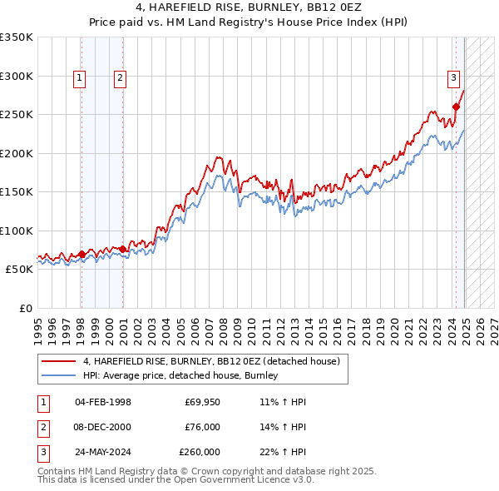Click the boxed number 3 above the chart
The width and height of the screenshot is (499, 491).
pos(454,78)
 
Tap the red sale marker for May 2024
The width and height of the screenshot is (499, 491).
pos(456,107)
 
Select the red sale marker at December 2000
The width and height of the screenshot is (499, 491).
pos(123,249)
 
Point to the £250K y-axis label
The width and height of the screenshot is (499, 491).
pos(17,114)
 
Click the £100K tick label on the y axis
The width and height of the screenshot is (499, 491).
pos(17,231)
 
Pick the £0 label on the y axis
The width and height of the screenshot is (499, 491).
pos(24,308)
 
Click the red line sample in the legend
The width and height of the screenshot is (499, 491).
pos(59,362)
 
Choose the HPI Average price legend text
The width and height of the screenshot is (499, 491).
pos(180,376)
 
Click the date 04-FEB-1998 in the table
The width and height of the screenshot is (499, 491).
pos(103,402)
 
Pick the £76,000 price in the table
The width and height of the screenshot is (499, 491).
pos(202,427)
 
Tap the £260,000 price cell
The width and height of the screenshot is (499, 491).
pos(200,452)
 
